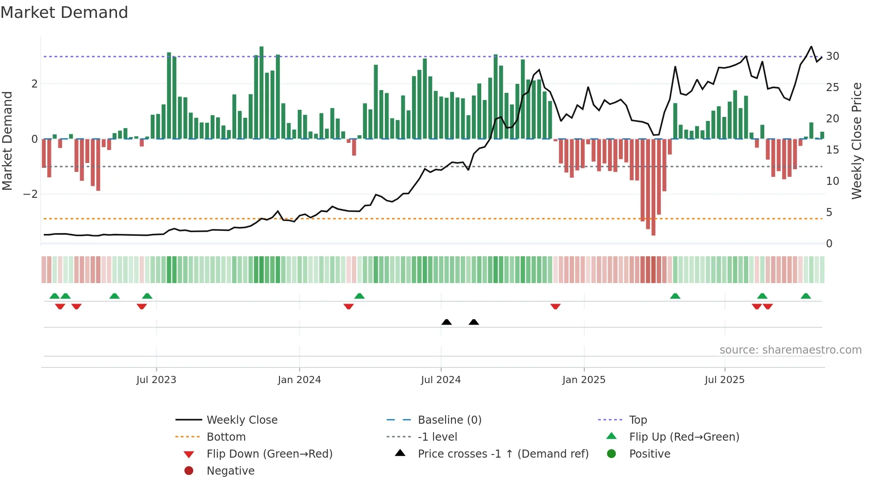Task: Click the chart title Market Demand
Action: pos(64,13)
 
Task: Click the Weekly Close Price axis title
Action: pos(856,141)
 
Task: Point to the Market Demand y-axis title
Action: pos(7,141)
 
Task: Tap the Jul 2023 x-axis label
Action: pos(156,380)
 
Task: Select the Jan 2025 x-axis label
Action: pos(583,380)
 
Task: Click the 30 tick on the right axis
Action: pos(832,56)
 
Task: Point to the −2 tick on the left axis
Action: pos(30,194)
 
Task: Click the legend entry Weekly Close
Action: pos(242,420)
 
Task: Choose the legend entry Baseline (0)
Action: pos(449,420)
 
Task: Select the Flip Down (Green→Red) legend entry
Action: pos(269,454)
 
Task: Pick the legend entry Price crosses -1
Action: pos(503,454)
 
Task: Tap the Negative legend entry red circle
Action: pos(189,471)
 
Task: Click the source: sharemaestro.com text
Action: pos(790,350)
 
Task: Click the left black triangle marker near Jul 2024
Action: pos(446,322)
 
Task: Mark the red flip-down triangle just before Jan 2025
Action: pos(555,306)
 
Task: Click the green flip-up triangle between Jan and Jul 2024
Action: pos(359,296)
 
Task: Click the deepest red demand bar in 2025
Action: pos(653,188)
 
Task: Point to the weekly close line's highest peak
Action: pos(811,46)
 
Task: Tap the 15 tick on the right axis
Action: pos(832,150)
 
